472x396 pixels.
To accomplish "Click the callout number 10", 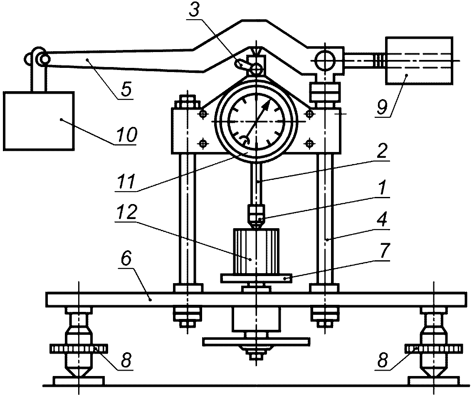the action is [127, 134].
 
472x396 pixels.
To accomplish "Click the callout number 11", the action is [126, 182].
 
